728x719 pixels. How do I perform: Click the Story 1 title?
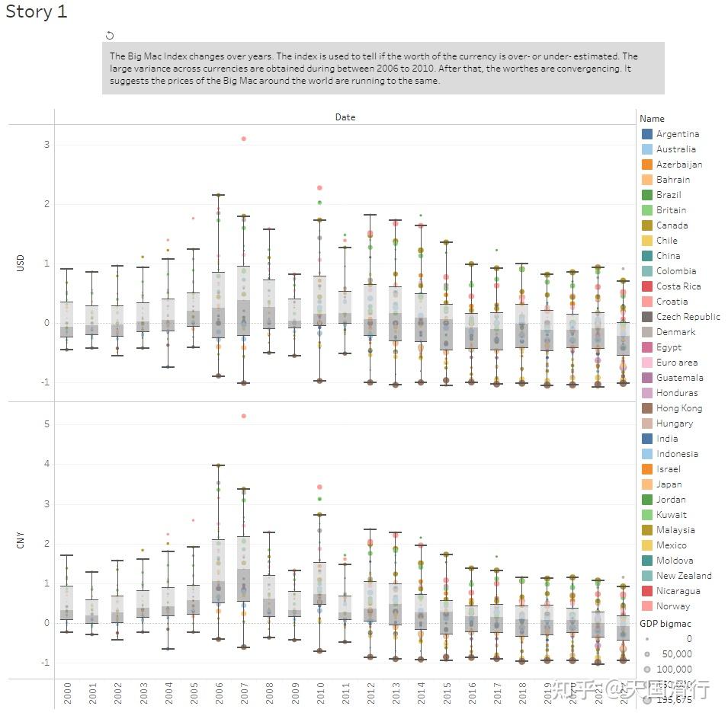[x=36, y=12]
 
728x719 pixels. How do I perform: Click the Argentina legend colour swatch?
[x=647, y=134]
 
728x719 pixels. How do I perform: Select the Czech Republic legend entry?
[x=688, y=317]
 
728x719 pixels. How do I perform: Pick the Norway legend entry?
[x=672, y=606]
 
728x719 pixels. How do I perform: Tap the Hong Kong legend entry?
[x=678, y=408]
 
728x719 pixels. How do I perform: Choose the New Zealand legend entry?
[x=683, y=576]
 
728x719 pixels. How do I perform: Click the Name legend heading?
[x=652, y=118]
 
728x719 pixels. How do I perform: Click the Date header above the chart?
[x=345, y=117]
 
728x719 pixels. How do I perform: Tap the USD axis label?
[x=21, y=263]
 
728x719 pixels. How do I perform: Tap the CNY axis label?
[x=21, y=542]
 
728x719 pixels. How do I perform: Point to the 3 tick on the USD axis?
[x=47, y=145]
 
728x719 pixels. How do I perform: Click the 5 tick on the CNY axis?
[x=47, y=424]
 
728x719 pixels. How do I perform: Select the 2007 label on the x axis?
[x=244, y=693]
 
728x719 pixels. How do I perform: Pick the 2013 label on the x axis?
[x=395, y=693]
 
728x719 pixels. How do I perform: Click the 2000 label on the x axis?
[x=68, y=693]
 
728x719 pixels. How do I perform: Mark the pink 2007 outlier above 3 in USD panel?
[x=243, y=139]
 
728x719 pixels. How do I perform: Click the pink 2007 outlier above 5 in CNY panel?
[x=243, y=416]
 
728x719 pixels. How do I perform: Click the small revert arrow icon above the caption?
[x=110, y=35]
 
